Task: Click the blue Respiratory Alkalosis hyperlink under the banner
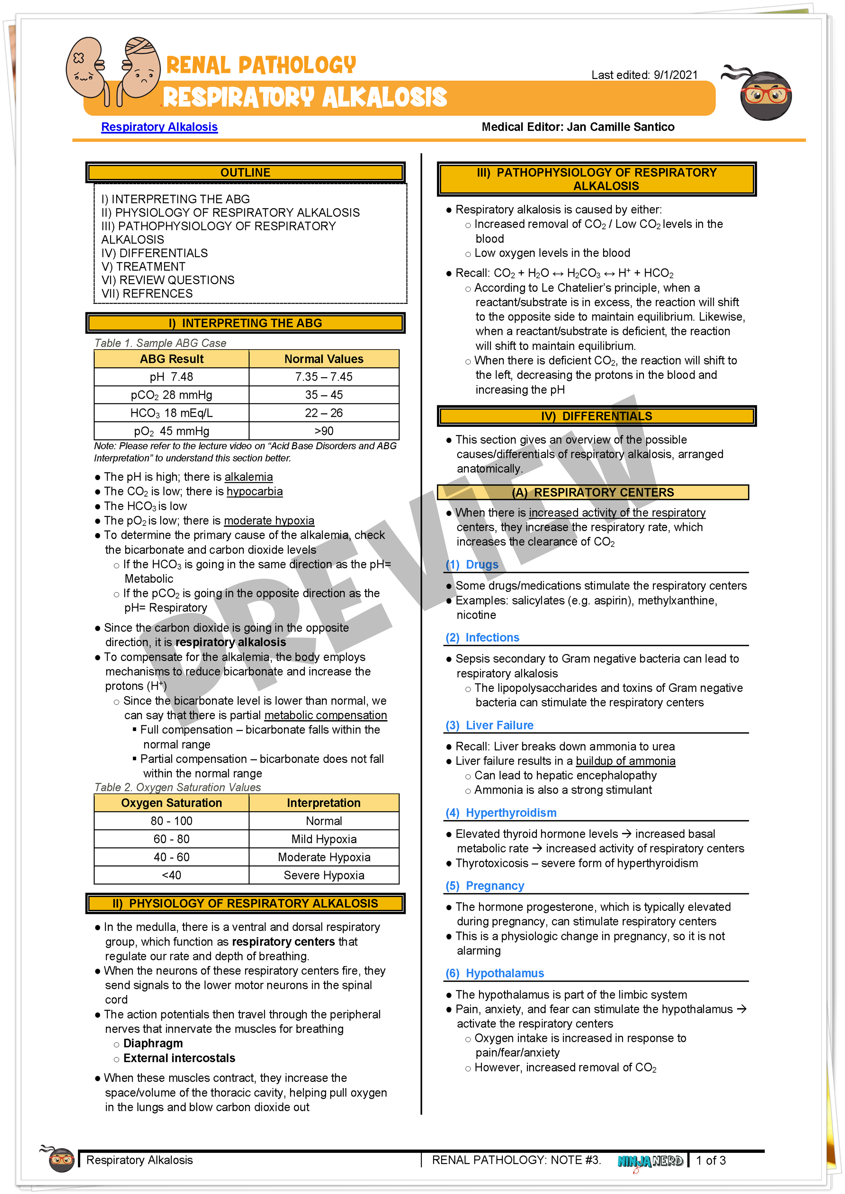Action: point(159,127)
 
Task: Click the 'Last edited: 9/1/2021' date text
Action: point(644,75)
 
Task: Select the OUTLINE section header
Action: point(245,173)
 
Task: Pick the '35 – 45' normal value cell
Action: point(324,395)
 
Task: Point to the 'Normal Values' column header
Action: point(324,359)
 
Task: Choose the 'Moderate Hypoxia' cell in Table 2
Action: point(324,857)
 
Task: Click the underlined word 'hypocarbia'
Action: point(254,491)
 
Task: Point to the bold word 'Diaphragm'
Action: point(153,1044)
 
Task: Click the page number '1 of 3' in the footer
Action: point(711,1160)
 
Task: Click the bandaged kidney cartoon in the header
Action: point(139,68)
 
